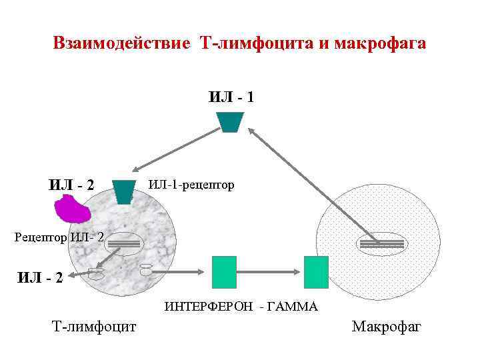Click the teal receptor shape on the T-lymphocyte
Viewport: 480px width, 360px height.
point(123,191)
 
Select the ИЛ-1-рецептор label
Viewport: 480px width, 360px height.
point(191,184)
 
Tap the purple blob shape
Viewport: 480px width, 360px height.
point(74,211)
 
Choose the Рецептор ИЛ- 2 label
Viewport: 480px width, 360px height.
point(59,237)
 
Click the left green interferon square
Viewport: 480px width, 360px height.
point(224,272)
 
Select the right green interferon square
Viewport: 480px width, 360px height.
point(316,272)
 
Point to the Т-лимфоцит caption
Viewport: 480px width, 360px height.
point(94,327)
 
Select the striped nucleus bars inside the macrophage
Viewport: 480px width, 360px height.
point(381,244)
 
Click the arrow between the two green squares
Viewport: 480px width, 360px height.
point(270,271)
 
